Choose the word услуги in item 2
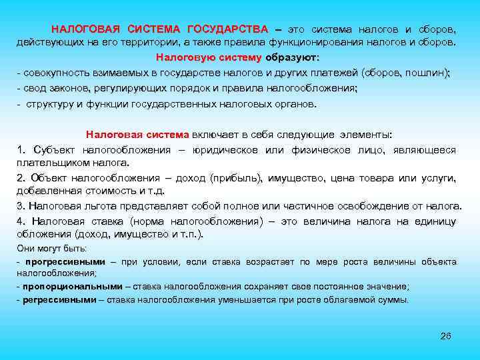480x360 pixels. [438, 178]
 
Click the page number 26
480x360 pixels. [446, 335]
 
